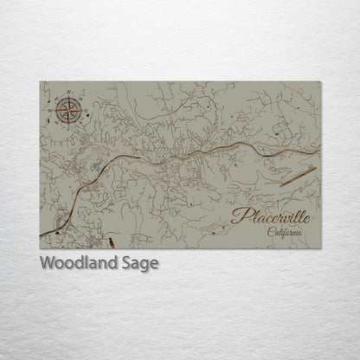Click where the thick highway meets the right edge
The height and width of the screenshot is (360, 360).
[x=319, y=149]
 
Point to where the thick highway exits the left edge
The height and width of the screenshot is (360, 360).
[x=41, y=235]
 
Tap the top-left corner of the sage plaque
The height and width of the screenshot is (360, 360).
[x=40, y=81]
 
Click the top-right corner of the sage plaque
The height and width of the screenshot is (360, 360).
[x=320, y=81]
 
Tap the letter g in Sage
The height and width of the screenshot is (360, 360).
[x=146, y=265]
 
